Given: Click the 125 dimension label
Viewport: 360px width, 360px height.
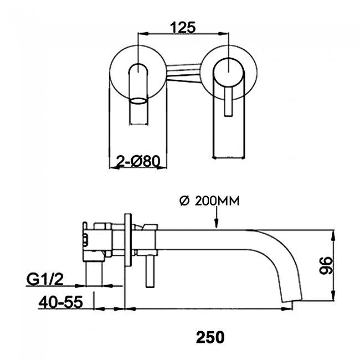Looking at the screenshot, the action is tap(183, 27).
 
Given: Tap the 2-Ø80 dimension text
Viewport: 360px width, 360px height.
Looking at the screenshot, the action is tap(138, 161).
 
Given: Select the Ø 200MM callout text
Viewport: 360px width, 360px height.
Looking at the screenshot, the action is tap(209, 201).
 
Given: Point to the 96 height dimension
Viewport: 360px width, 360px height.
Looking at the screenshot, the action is tap(326, 265).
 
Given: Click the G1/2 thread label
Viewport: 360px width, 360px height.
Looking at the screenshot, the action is tap(45, 279).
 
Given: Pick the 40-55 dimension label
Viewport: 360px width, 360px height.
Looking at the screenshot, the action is tap(60, 302).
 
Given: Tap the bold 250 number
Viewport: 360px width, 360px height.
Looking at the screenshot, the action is tap(210, 337).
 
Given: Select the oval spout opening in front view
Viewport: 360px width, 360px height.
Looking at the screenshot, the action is tap(138, 101).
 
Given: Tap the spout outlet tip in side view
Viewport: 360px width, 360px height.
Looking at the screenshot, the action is tap(292, 300).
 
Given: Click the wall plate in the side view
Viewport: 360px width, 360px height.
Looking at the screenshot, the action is tap(128, 240).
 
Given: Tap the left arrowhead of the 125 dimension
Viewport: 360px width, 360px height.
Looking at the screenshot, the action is tap(143, 34).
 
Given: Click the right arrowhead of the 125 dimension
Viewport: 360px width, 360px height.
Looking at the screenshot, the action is tap(224, 34).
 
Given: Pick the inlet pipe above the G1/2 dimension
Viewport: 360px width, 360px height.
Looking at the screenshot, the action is tap(93, 274).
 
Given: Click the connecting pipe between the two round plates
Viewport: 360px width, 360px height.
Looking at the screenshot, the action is tap(184, 73).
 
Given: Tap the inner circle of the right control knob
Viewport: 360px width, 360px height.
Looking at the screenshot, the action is tap(228, 73).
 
